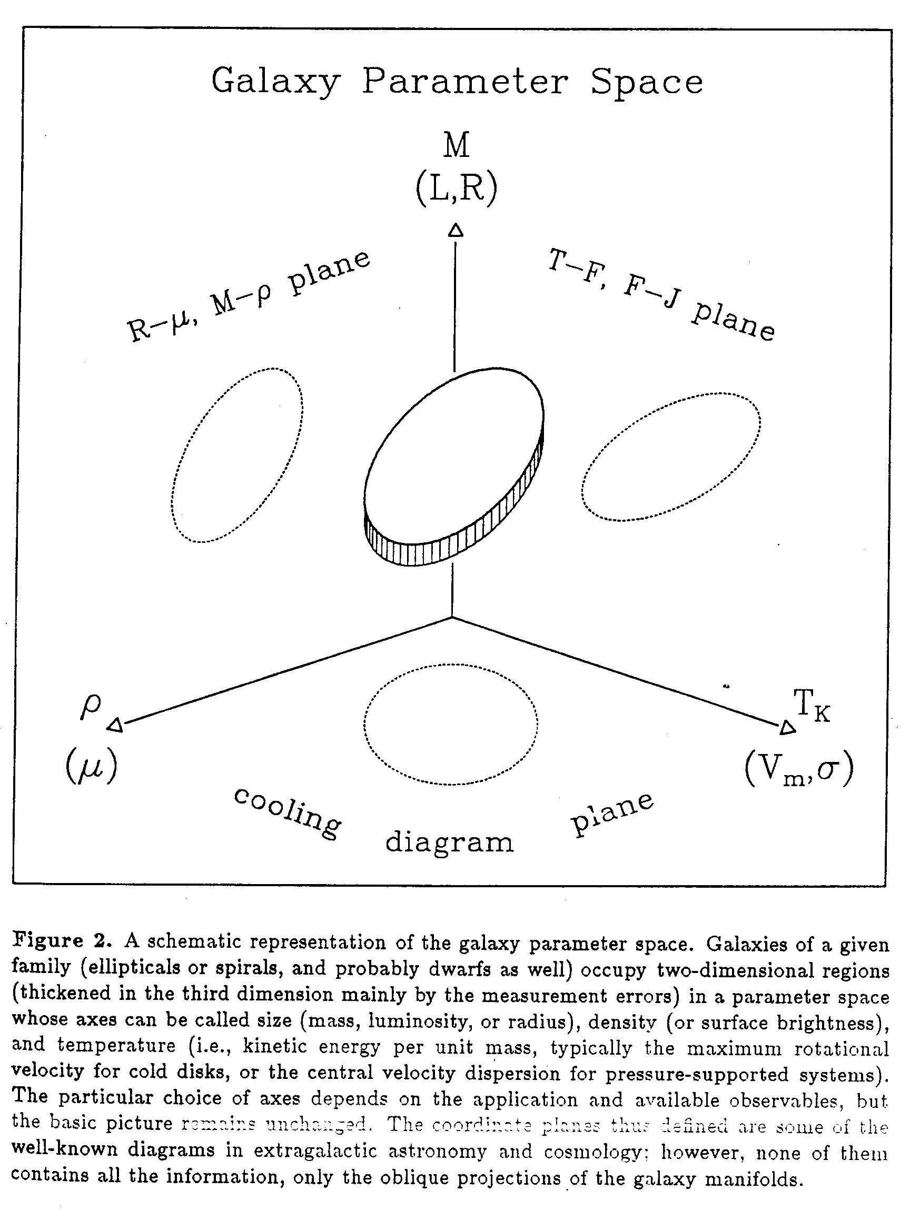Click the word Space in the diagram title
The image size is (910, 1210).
[x=647, y=83]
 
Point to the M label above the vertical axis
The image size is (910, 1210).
[x=456, y=146]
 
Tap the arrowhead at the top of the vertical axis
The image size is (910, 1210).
[x=456, y=231]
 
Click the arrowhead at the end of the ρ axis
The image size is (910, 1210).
[x=115, y=726]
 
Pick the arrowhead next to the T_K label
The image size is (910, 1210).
[x=787, y=728]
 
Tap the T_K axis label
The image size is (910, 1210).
[x=812, y=706]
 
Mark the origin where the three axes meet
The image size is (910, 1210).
[x=452, y=617]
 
